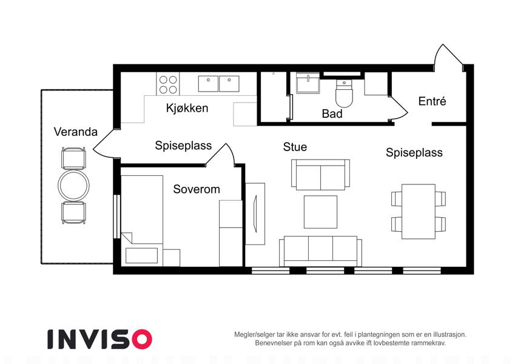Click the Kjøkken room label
coord(187,108)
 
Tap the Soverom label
coord(197,189)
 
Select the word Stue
coord(295,147)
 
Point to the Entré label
coord(432,101)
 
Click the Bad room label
coord(332,113)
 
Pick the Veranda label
coord(76,132)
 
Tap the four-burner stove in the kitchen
coord(168,84)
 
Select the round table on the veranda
coord(73,185)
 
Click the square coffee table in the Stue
coord(320,212)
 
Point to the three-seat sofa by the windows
coord(320,251)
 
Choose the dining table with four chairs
coord(419,212)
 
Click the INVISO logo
coord(100,339)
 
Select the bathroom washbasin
coord(308,83)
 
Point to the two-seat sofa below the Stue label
coord(320,175)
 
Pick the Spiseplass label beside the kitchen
coord(183,146)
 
